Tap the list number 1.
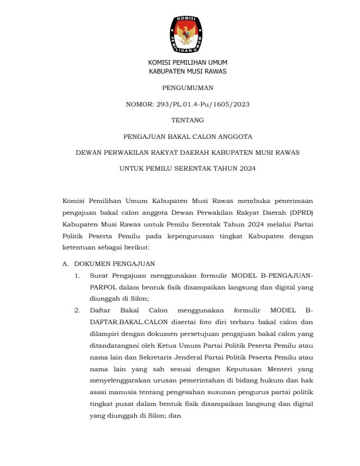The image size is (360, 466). (78, 275)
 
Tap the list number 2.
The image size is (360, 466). (78, 309)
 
